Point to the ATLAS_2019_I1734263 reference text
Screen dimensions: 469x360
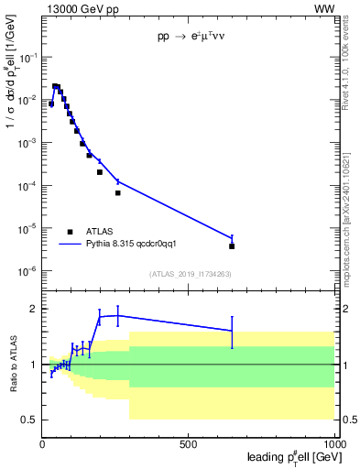coord(191,274)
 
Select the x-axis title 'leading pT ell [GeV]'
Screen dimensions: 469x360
coord(289,456)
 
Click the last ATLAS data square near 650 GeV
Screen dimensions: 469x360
coord(232,246)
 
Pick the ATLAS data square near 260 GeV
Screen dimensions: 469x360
coord(118,193)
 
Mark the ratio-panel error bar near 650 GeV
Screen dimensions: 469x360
coord(232,332)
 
